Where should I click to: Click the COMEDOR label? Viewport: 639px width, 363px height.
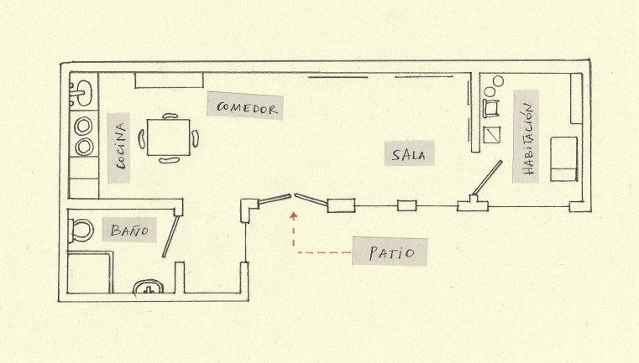coord(247,109)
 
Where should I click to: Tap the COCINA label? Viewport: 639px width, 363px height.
coord(121,147)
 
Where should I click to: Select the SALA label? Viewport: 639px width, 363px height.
coord(409,155)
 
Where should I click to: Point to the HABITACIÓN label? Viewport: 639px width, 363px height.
coord(527,139)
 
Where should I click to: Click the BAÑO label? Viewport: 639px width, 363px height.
coord(129,231)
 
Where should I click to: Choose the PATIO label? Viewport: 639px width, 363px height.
coord(391,252)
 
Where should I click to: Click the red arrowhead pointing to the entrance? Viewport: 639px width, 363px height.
coord(293,215)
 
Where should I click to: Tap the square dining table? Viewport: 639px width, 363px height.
coord(169,137)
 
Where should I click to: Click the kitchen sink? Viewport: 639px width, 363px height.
coord(81,93)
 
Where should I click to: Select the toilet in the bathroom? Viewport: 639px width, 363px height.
coord(81,231)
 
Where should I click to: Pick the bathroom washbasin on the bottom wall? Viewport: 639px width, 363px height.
coord(149,287)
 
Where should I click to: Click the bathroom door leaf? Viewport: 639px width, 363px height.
coord(171,236)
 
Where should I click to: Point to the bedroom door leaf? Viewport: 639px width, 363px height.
coord(487,178)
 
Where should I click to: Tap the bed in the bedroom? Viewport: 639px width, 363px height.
coord(564,159)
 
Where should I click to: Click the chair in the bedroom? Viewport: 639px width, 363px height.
coord(490,108)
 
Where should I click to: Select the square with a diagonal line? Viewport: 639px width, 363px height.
coord(492,135)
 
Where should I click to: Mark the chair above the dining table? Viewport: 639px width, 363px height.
coord(170,116)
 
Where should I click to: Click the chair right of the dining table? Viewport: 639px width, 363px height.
coord(195,138)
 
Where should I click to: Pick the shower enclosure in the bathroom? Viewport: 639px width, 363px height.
coord(90,272)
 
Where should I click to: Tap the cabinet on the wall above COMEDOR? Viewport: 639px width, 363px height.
coord(169,80)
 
